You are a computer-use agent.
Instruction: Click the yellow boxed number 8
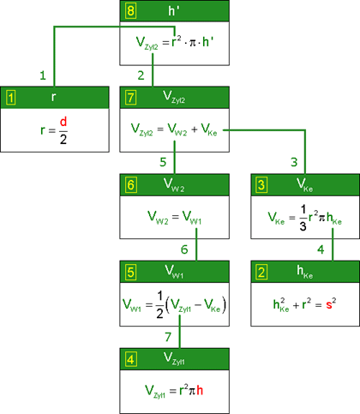coord(130,11)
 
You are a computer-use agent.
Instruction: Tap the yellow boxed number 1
coord(11,98)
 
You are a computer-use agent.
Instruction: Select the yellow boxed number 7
coord(130,98)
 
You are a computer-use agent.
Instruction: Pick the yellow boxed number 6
coord(130,185)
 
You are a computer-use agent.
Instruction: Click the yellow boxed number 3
coord(261,185)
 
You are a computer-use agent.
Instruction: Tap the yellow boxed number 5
coord(130,272)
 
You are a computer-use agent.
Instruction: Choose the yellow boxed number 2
coord(261,272)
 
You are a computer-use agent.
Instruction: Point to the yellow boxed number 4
coord(130,359)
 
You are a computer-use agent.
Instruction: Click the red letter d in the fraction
coord(63,122)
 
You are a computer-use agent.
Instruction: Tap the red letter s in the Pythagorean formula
coord(329,305)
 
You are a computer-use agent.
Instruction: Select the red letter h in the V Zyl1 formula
coord(200,390)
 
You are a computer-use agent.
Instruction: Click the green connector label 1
coord(43,75)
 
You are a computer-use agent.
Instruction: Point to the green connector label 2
coord(141,75)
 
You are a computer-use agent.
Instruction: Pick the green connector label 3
coord(294,162)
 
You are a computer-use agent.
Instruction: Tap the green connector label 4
coord(321,249)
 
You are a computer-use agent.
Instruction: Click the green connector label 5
coord(163,162)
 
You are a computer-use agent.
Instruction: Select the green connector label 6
coord(184,249)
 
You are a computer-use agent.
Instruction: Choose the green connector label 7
coord(168,337)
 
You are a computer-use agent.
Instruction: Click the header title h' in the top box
coord(174,11)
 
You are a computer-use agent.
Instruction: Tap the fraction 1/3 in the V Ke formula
coord(303,218)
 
